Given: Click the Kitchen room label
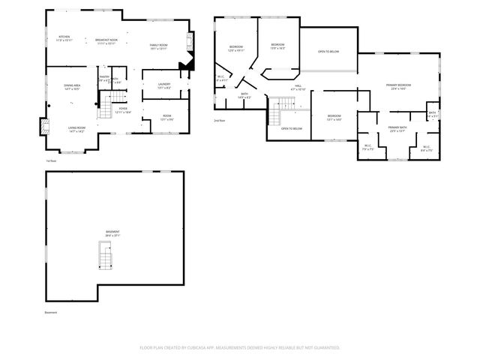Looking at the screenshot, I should click(64, 38).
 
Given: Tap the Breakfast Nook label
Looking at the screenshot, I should click(106, 42).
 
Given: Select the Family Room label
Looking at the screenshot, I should click(157, 48).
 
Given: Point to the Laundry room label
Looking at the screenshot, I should click(164, 85).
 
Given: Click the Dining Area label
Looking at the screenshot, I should click(73, 87).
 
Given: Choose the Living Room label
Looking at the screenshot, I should click(76, 129).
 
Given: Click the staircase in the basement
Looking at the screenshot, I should click(106, 256).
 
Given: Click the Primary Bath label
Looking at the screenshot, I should click(397, 130).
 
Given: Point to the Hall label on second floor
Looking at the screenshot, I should click(298, 88).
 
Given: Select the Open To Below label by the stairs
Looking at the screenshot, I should click(291, 129).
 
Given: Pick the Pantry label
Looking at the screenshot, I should click(104, 77).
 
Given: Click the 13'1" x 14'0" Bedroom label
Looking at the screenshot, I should click(334, 117).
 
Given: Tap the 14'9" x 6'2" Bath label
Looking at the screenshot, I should click(244, 97).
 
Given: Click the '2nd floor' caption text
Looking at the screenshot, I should click(219, 120).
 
